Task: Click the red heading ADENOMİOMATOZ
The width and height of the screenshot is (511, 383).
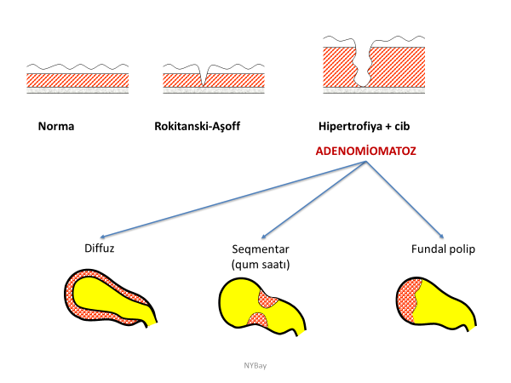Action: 365,151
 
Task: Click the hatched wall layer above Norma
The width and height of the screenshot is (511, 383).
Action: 77,80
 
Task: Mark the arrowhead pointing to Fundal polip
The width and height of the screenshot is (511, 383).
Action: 441,238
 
